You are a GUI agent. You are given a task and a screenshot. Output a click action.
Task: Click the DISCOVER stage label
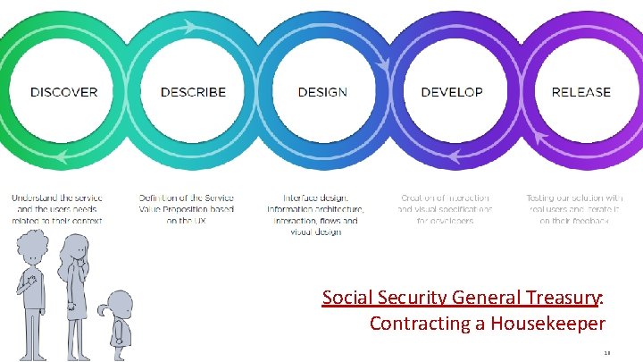[64, 92]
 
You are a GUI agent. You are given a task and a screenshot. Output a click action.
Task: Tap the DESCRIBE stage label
[193, 92]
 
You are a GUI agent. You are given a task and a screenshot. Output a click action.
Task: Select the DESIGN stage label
[322, 92]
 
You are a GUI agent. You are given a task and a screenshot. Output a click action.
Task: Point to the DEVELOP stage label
[451, 92]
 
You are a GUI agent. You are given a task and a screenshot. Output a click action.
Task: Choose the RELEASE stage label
[580, 92]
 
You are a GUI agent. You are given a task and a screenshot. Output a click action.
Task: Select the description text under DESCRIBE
[186, 208]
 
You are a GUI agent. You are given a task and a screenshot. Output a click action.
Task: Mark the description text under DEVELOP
[445, 208]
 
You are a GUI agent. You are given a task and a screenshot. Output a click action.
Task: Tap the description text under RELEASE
[575, 208]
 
